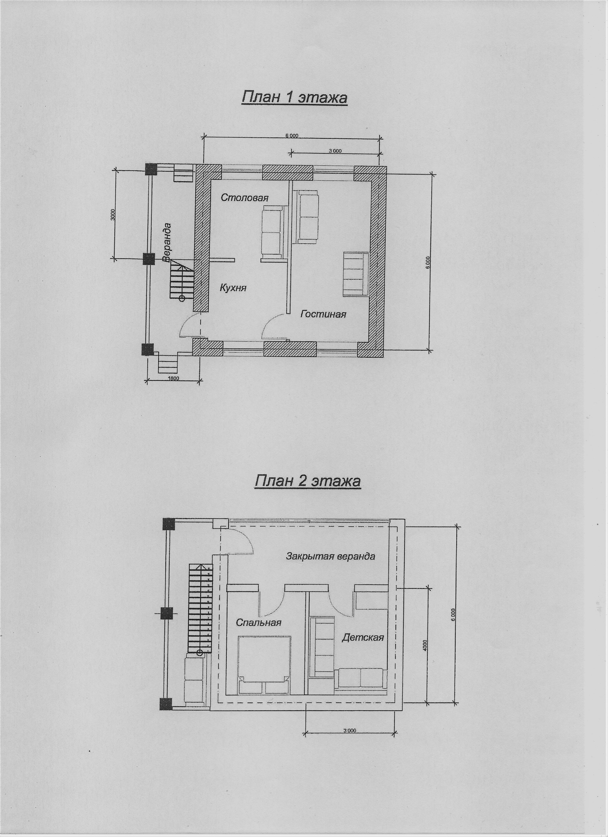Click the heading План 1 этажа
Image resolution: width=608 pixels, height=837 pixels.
(294, 98)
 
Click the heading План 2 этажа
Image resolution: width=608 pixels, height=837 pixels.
(307, 482)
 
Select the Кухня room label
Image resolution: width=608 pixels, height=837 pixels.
(233, 288)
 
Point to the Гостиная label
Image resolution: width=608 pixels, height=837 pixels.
(323, 314)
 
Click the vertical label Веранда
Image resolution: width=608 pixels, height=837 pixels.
(167, 242)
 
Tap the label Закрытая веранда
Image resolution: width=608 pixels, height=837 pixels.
(331, 556)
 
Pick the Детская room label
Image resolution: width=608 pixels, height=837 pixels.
(363, 637)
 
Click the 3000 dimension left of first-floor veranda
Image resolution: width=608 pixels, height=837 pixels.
(113, 215)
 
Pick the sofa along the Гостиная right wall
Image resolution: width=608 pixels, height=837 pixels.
(356, 274)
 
